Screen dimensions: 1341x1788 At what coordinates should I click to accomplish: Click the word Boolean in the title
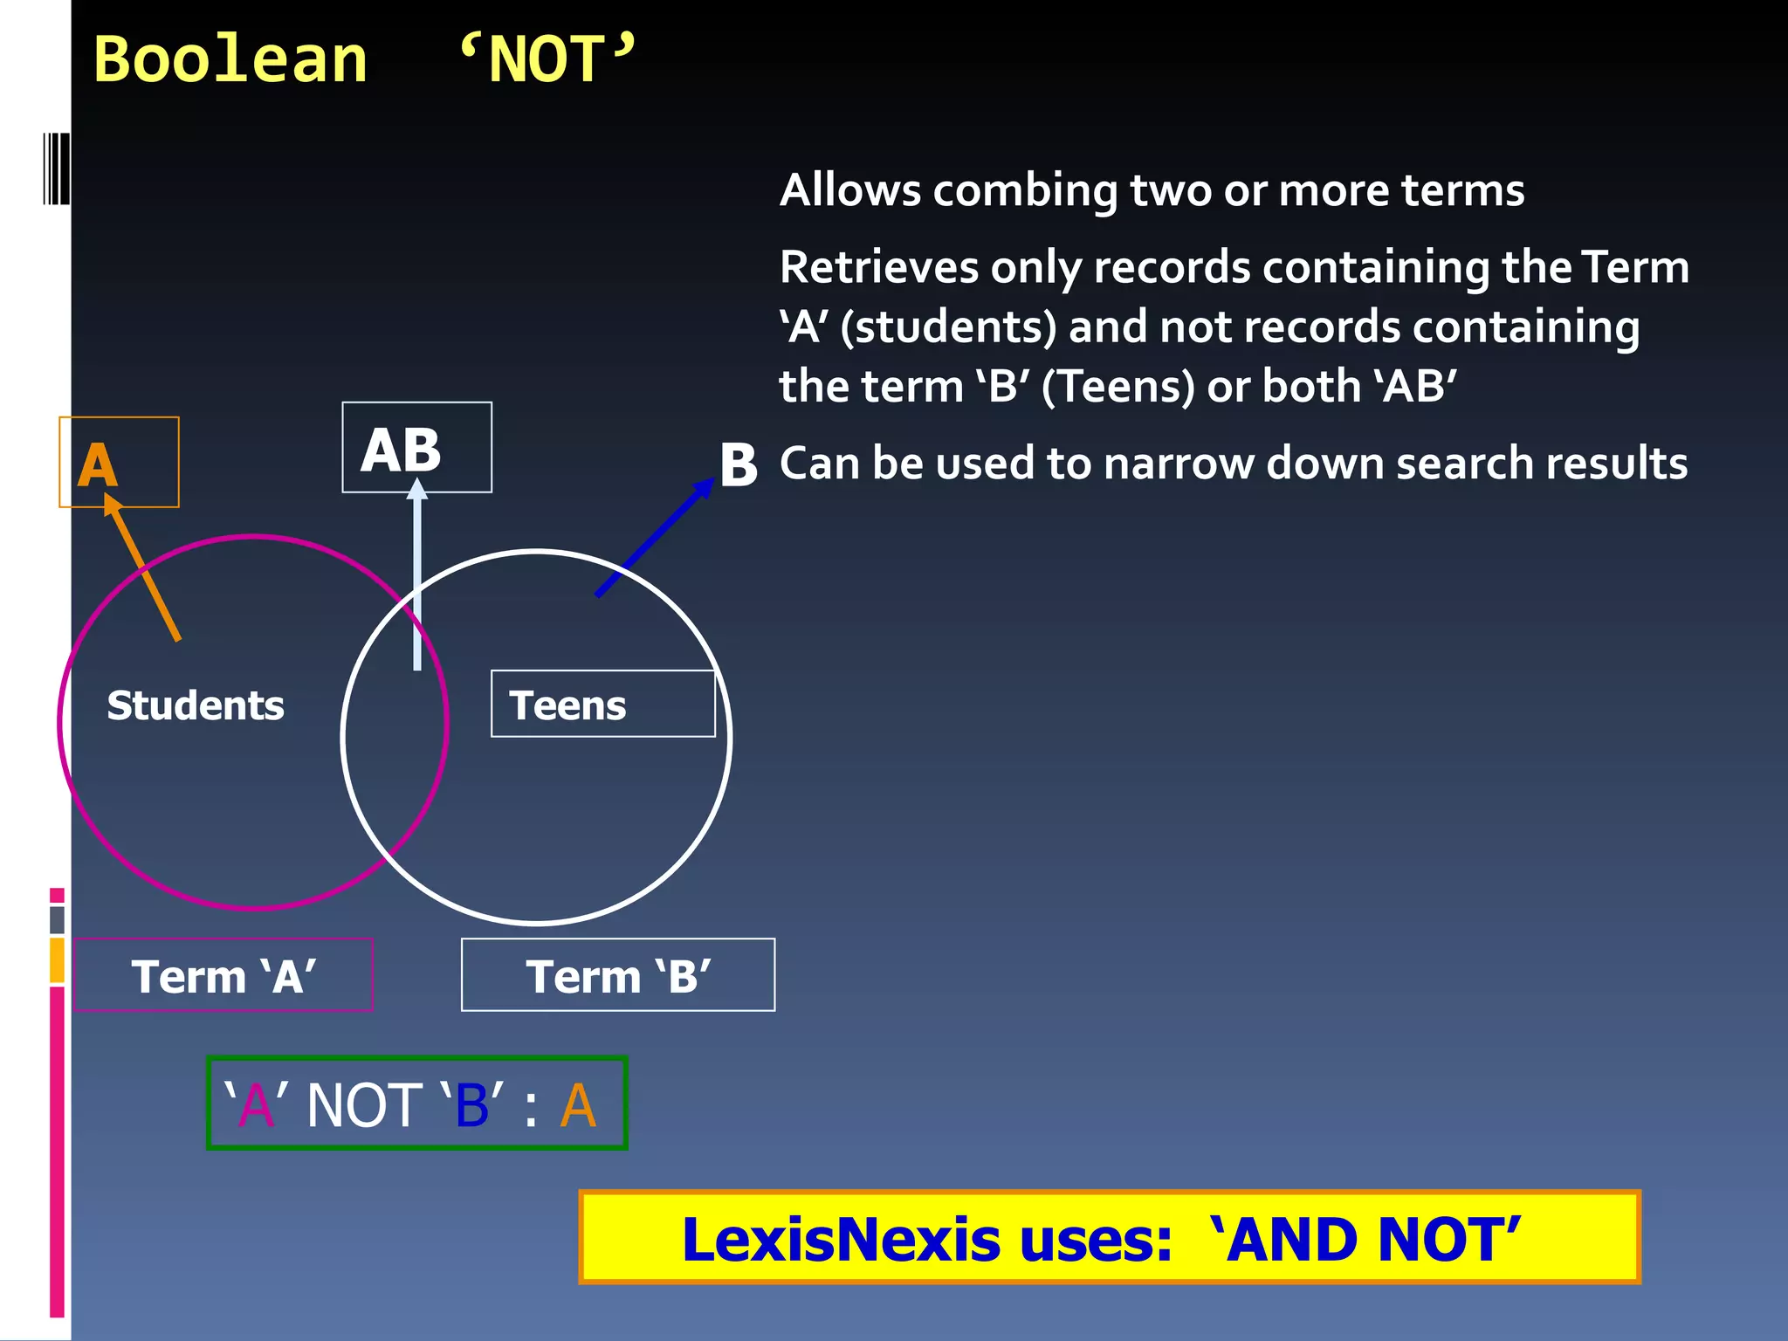230,61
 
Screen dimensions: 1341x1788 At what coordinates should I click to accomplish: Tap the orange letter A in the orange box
98,464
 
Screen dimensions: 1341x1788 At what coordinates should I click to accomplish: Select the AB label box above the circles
416,448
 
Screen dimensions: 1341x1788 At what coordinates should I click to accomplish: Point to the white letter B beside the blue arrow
739,464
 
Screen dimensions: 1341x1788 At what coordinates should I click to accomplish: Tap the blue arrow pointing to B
655,537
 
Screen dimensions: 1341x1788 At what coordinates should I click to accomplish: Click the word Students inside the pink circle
196,705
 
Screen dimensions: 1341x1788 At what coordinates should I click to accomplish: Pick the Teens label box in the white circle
602,704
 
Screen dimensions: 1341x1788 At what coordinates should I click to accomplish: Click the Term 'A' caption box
223,975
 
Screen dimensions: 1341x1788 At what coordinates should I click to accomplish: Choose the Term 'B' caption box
618,975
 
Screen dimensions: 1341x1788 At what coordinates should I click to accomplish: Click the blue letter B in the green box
472,1105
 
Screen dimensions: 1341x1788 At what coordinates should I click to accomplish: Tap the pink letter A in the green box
256,1105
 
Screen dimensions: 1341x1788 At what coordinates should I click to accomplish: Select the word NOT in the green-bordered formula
365,1105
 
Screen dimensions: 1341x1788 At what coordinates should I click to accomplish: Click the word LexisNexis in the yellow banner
840,1240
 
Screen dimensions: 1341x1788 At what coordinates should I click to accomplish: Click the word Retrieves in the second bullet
878,267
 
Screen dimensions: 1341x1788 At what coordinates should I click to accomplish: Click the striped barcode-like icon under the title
55,168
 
